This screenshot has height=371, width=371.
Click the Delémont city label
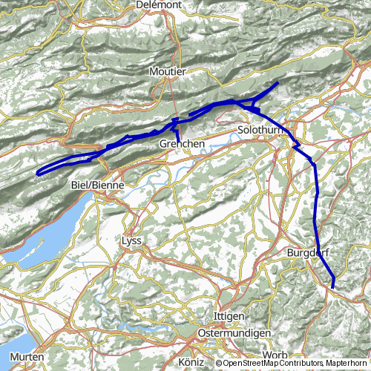pyautogui.click(x=160, y=4)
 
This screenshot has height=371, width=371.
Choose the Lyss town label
pyautogui.click(x=130, y=241)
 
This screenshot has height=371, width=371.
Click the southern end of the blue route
pyautogui.click(x=332, y=286)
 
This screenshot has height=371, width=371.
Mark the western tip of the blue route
pyautogui.click(x=37, y=174)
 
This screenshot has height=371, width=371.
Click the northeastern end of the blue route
pyautogui.click(x=278, y=83)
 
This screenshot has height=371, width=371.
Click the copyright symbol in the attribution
pyautogui.click(x=220, y=364)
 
